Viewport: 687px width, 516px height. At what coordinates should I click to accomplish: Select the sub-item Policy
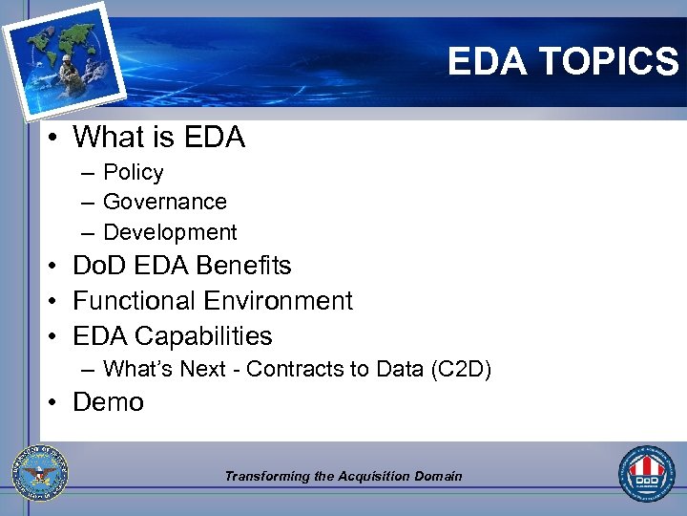(x=133, y=172)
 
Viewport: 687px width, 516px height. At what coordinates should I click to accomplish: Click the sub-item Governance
(x=164, y=202)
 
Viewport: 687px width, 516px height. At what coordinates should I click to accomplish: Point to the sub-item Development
(x=170, y=232)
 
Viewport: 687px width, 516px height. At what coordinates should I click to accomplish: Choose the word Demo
(x=108, y=402)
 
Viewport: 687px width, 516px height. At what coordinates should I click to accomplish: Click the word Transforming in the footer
(x=266, y=476)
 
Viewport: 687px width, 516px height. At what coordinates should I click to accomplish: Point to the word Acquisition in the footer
(x=374, y=476)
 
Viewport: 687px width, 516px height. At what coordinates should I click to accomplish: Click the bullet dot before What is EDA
(x=55, y=139)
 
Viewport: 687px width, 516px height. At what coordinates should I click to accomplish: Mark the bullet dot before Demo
(x=55, y=403)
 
